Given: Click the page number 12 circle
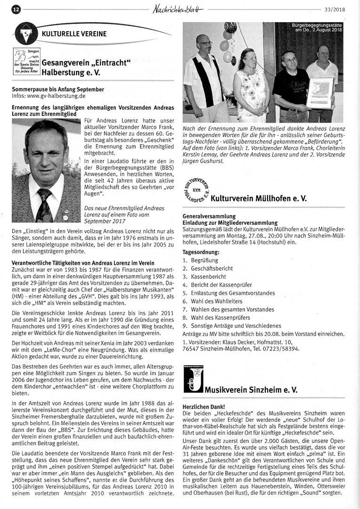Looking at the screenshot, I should (16, 9).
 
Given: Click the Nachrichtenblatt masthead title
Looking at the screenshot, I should (180, 8).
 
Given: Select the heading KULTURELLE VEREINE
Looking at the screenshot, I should (74, 34).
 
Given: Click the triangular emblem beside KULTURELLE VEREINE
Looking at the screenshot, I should (26, 34).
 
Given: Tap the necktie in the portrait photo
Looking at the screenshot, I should (45, 205).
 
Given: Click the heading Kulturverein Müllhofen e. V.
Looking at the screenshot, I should (259, 198).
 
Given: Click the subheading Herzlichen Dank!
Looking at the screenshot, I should (204, 406).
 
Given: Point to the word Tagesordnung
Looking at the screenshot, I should (201, 252).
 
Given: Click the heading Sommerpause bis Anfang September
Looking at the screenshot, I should (58, 89).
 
